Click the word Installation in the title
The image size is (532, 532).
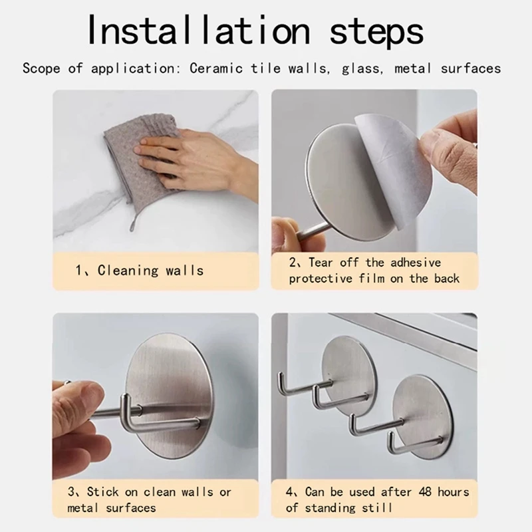tap(198, 30)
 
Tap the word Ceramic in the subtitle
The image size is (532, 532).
tap(216, 68)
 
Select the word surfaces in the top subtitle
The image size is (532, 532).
tap(471, 68)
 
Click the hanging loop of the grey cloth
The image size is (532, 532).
tap(133, 222)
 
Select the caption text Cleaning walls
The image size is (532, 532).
tap(151, 271)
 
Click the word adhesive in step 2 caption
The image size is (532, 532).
tap(416, 262)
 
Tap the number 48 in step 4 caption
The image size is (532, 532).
tap(426, 491)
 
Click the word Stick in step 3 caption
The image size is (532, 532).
tap(103, 491)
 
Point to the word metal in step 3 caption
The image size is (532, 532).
tap(82, 507)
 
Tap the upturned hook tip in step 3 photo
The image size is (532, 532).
tap(125, 398)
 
